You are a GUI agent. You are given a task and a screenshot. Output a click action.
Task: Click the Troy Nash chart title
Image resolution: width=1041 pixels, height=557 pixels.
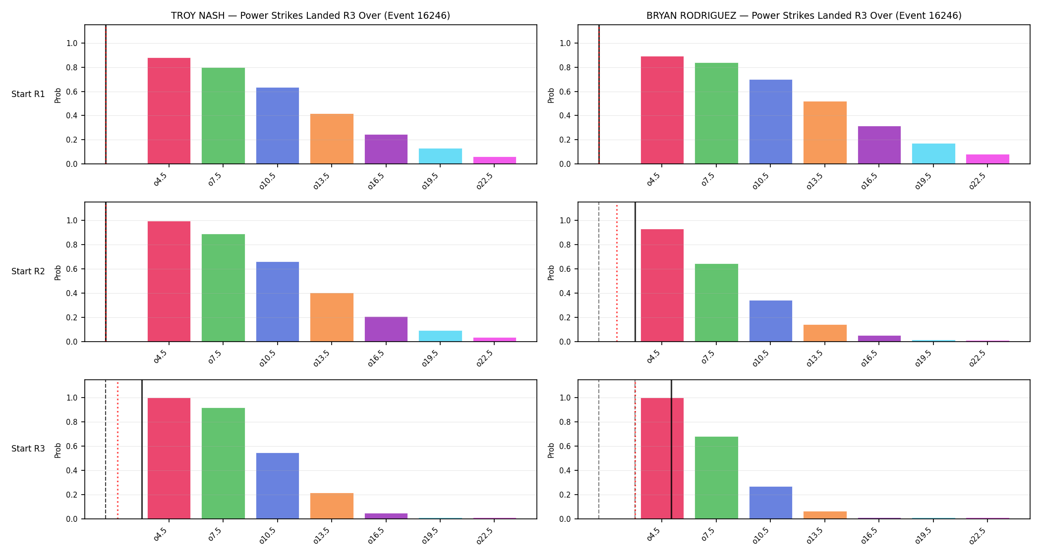click(310, 15)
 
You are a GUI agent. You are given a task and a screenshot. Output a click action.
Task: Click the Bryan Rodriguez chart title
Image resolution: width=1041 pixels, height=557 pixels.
click(804, 15)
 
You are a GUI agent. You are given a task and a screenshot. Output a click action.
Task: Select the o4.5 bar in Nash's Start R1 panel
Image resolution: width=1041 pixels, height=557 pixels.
click(169, 111)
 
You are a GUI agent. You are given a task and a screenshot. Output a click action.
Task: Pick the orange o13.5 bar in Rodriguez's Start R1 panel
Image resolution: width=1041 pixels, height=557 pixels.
click(825, 133)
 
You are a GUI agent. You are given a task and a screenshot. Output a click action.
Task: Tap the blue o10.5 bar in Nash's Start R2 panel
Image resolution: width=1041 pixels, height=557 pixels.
click(278, 302)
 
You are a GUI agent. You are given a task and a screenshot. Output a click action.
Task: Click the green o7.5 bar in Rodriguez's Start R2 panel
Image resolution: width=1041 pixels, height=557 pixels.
click(716, 303)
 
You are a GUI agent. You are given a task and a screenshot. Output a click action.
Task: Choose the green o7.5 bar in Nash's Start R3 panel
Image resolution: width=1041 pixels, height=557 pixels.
click(223, 463)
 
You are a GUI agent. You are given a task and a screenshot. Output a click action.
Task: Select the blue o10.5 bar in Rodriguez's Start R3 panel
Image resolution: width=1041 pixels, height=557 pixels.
click(771, 503)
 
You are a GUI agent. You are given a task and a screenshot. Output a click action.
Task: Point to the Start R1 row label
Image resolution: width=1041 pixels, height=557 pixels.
click(28, 94)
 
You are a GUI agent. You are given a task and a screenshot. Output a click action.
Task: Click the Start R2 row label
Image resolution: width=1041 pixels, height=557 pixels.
click(28, 271)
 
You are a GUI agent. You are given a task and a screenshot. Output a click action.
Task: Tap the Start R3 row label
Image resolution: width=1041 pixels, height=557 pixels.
click(28, 449)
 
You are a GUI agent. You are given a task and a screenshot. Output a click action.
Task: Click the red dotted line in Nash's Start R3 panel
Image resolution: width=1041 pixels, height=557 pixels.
click(117, 450)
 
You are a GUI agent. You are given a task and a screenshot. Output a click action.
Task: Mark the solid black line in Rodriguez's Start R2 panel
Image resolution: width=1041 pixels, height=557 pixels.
click(635, 272)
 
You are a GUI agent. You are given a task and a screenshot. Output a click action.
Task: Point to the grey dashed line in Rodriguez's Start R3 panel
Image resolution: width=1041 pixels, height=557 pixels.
click(599, 450)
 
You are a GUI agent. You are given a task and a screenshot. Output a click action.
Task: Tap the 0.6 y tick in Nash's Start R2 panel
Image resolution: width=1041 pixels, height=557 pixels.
click(72, 269)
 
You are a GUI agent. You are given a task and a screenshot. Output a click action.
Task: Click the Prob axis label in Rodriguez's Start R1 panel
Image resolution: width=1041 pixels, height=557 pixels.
click(551, 95)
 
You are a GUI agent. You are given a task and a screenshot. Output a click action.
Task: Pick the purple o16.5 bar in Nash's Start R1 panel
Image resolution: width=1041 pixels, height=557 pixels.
click(386, 149)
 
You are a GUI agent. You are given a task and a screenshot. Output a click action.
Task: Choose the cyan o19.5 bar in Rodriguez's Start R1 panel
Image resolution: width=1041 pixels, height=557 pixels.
click(933, 153)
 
